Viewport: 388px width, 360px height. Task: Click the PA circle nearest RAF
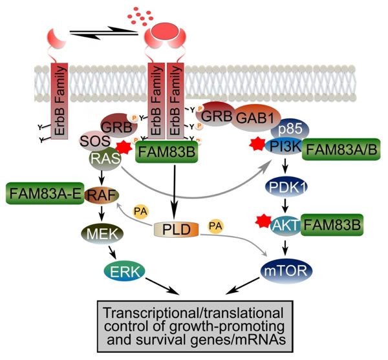[140, 211]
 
